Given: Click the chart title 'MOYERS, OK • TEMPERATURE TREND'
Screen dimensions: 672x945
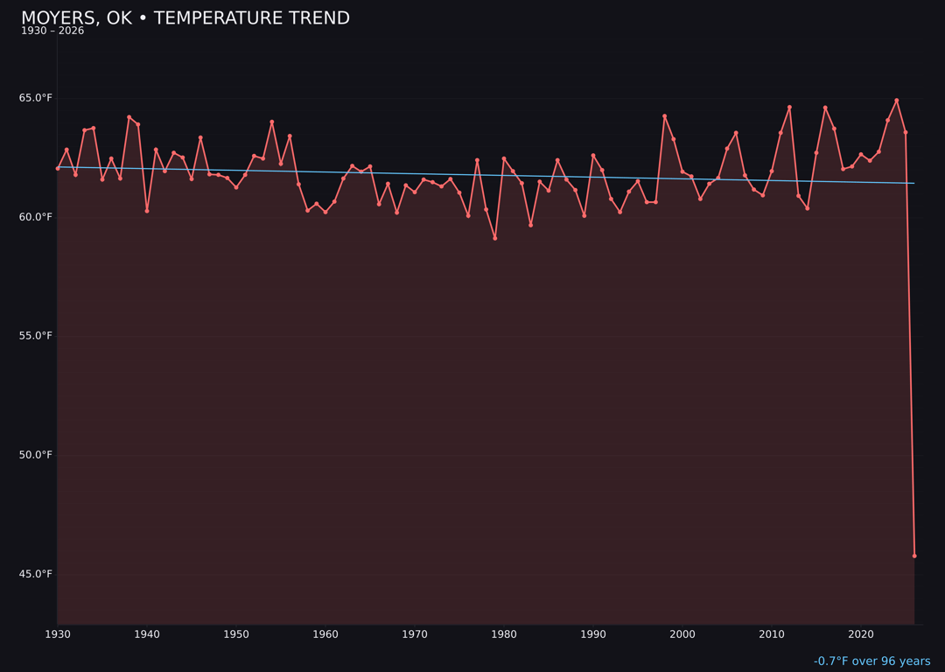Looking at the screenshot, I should click(185, 18).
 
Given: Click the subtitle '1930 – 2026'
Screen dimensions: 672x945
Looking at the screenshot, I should click(52, 31).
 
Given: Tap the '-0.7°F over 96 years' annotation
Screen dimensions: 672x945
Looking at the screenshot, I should click(871, 661).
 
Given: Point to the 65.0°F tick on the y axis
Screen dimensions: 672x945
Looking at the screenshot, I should click(36, 98).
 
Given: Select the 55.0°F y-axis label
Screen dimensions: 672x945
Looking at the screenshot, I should click(36, 336).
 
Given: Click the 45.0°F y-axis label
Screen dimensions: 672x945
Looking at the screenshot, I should click(36, 574).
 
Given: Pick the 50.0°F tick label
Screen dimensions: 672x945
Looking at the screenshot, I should click(36, 455).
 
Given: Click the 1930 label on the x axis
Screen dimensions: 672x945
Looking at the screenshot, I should click(58, 633).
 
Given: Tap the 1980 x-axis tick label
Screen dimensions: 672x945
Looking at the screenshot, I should click(504, 633).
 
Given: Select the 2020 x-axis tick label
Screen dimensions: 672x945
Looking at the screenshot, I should click(861, 633).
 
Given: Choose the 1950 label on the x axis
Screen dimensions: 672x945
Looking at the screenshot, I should click(236, 633).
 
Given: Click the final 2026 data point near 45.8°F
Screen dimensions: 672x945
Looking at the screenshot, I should click(914, 556).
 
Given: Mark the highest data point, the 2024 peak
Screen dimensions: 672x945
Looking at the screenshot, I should click(897, 101).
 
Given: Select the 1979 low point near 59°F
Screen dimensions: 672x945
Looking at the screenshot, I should click(495, 238).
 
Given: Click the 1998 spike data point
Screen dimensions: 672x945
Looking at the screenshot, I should click(664, 116).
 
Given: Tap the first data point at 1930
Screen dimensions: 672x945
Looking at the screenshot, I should click(58, 168).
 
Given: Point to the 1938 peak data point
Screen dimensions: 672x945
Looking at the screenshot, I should click(129, 117).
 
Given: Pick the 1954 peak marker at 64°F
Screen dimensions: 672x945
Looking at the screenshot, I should click(272, 122).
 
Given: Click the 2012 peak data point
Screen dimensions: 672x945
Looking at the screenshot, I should click(789, 108).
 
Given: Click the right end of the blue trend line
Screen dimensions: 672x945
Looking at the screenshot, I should click(913, 183).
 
